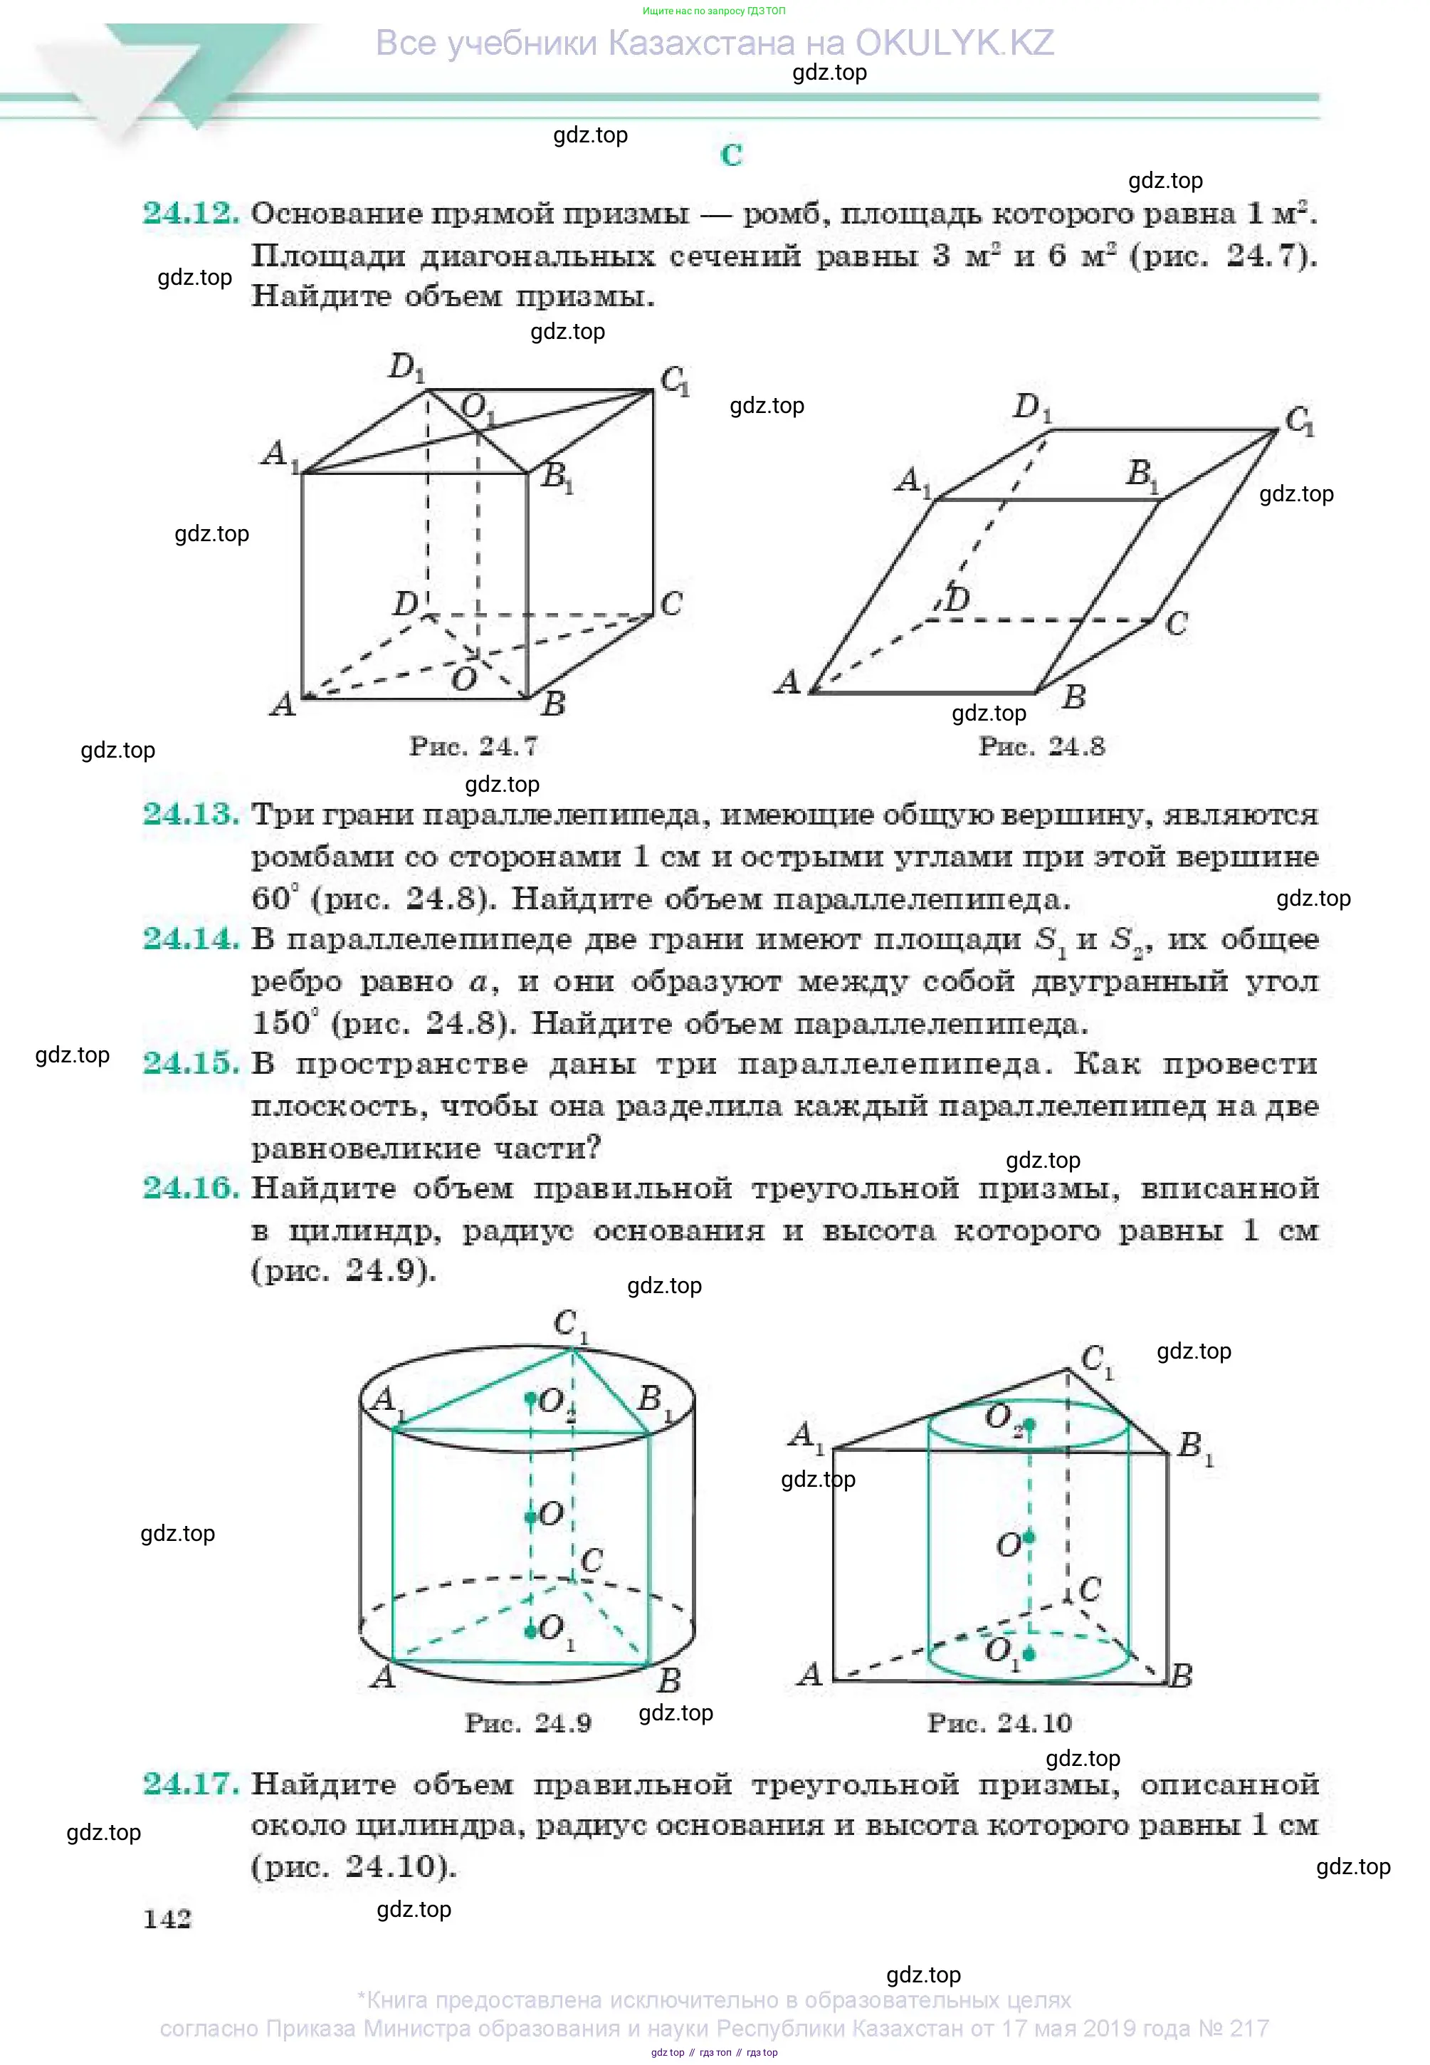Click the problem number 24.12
click(x=191, y=214)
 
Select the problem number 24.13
click(x=191, y=814)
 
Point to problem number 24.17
click(x=191, y=1784)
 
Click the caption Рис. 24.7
click(x=473, y=746)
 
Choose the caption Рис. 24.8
click(x=1041, y=746)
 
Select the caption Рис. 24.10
click(x=999, y=1722)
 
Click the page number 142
click(x=167, y=1919)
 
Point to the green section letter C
click(x=731, y=155)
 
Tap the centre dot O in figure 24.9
click(x=530, y=1515)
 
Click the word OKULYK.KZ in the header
click(x=955, y=43)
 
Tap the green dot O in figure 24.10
click(x=1029, y=1538)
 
